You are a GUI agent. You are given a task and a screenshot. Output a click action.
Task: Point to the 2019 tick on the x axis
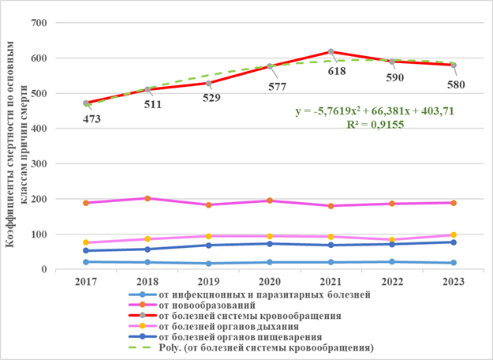point(208,281)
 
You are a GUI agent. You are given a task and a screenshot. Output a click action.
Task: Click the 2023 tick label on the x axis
point(453,281)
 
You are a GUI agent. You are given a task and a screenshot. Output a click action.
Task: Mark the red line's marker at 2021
point(331,52)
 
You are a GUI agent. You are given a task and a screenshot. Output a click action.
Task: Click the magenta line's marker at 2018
point(148,198)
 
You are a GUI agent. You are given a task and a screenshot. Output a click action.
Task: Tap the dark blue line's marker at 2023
point(453,242)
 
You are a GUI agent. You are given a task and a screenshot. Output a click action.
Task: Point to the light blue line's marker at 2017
point(86,262)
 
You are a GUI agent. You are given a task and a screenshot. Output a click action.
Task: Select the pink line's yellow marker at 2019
point(208,236)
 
